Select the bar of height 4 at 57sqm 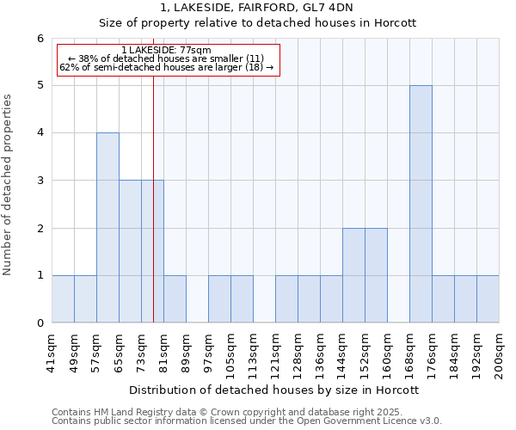107,228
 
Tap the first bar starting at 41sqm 63,299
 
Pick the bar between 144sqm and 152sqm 353,275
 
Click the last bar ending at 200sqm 488,299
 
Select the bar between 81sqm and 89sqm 175,299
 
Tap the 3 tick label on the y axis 40,181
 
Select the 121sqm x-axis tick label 276,351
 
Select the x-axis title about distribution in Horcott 275,390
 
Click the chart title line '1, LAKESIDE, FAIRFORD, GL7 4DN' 258,8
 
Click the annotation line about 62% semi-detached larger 167,67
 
